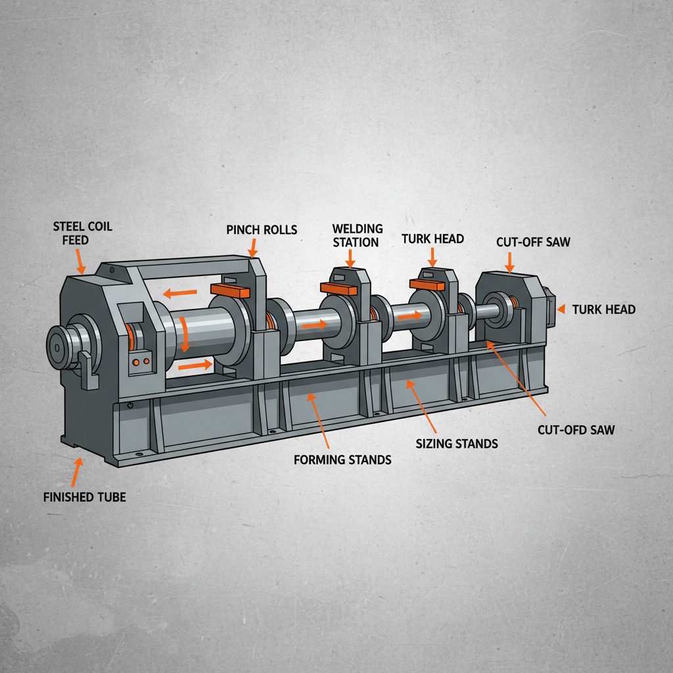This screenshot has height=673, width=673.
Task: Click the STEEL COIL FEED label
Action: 82,233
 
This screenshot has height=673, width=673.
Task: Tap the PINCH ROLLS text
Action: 262,229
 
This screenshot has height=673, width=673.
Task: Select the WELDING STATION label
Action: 357,235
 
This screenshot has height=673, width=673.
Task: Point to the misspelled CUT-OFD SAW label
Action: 575,430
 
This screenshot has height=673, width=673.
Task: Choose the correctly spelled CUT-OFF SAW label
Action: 533,242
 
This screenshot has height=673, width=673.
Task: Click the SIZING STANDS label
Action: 457,444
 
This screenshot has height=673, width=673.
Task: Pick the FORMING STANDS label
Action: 342,459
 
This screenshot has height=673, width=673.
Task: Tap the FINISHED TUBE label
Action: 84,497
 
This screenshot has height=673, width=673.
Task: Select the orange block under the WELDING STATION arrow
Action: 338,287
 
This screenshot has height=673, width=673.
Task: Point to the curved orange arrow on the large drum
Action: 185,332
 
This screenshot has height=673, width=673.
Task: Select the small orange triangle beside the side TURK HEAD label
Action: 560,309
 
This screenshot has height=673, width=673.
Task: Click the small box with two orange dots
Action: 141,362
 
